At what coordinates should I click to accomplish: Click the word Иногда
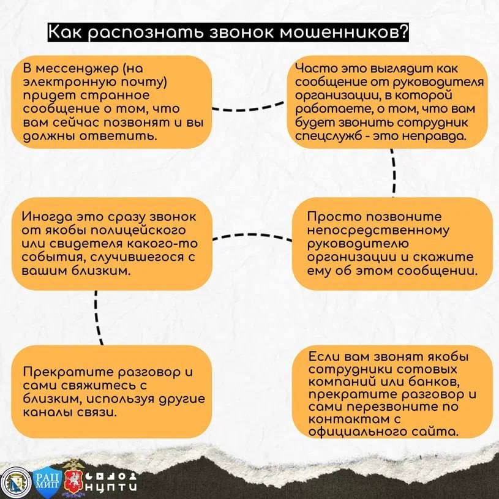pos(47,217)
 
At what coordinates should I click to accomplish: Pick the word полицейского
pos(138,230)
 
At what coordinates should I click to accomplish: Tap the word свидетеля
pos(85,244)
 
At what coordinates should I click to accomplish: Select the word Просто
pos(334,216)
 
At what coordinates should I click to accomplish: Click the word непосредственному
pos(378,230)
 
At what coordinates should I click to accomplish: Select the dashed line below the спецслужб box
pos(394,173)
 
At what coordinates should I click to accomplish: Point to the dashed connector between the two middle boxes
pos(252,236)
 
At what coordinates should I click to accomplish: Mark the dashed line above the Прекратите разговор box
pos(97,318)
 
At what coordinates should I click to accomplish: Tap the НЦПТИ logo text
pos(111,487)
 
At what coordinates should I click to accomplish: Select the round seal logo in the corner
pos(15,482)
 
